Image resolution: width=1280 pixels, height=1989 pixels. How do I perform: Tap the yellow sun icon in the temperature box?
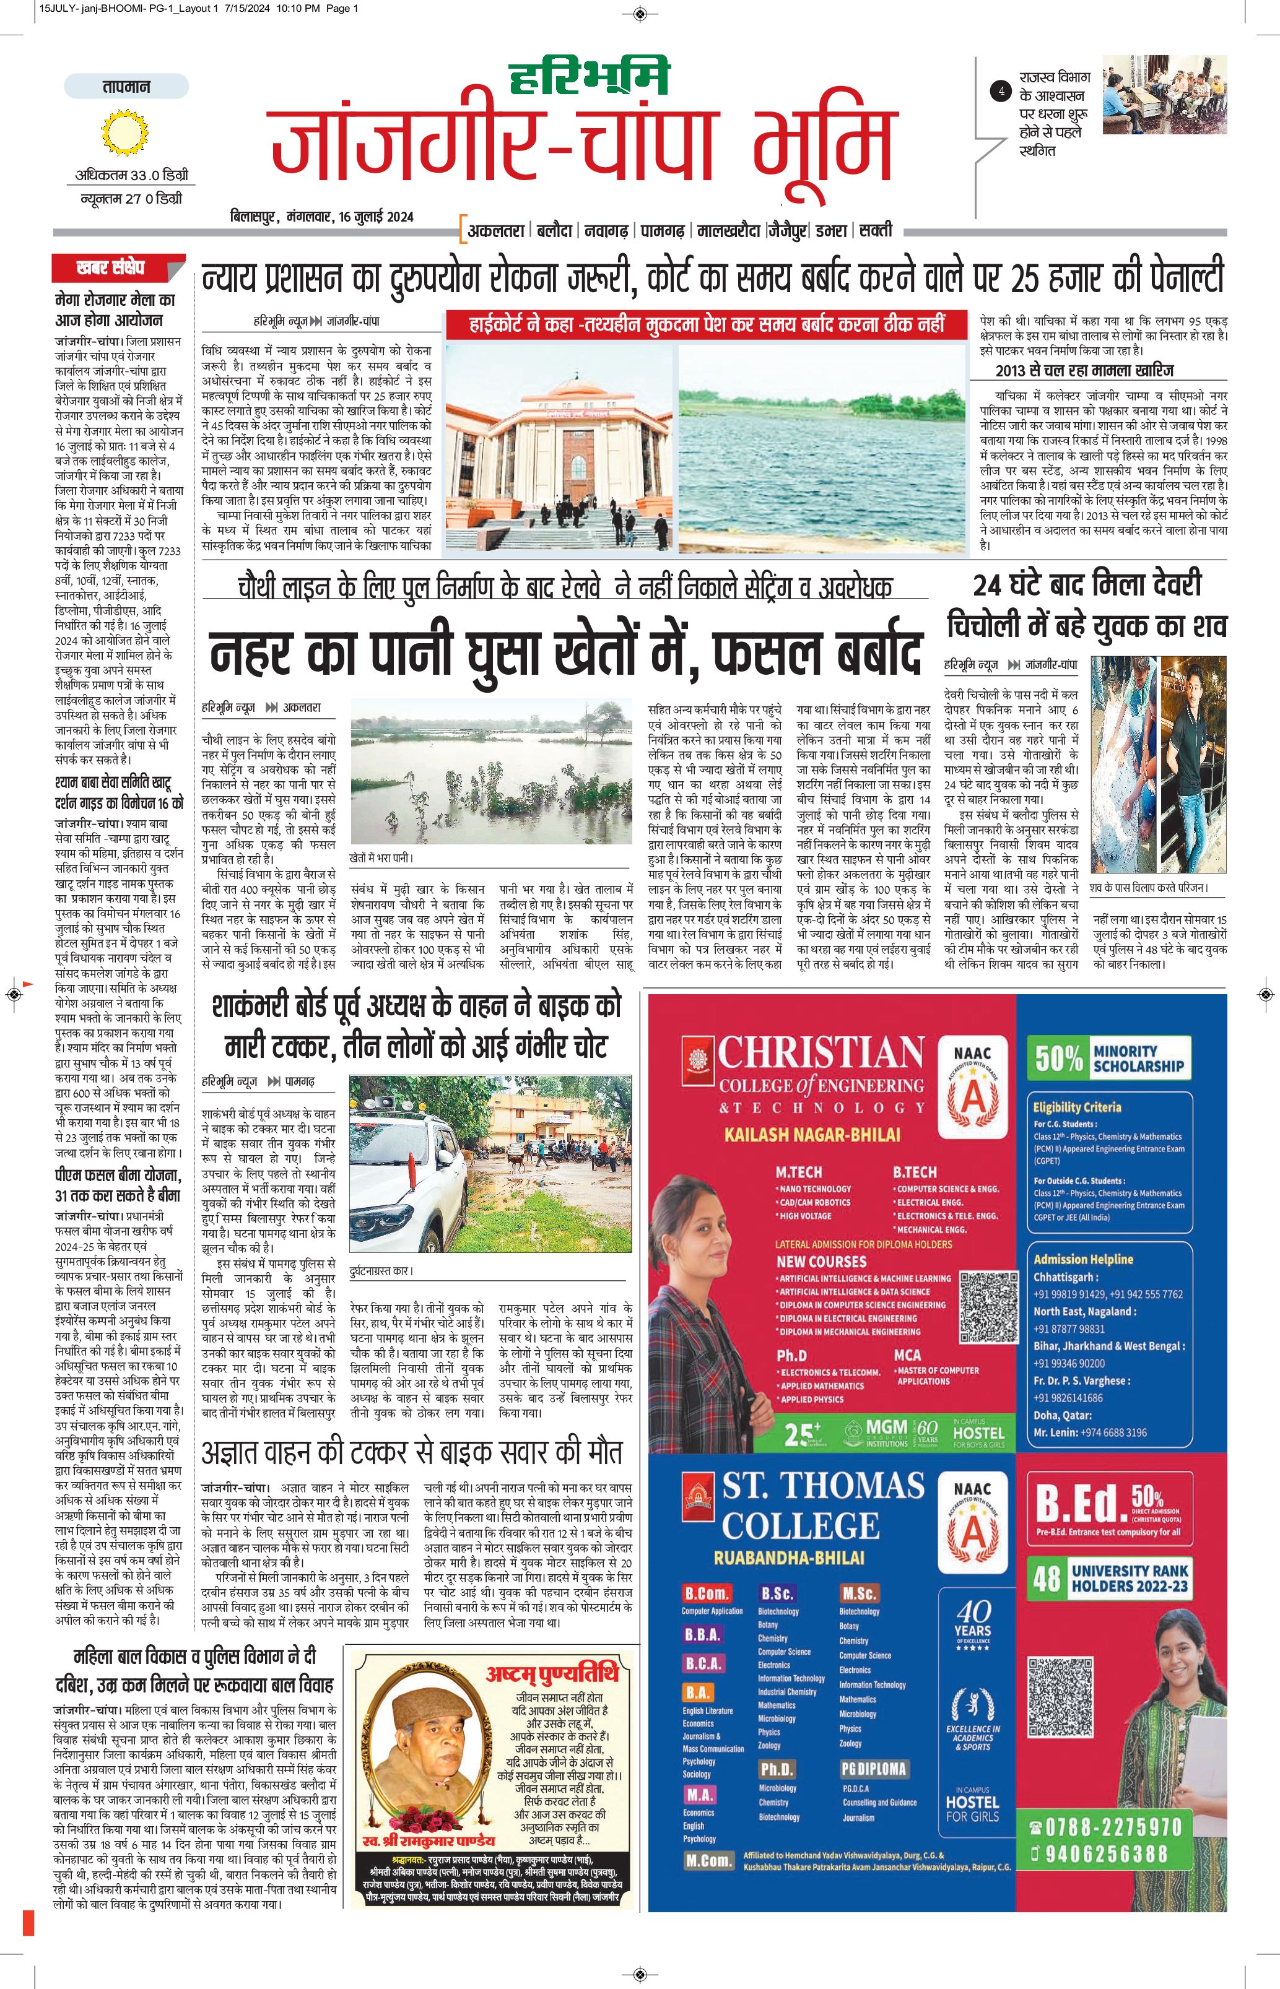point(126,134)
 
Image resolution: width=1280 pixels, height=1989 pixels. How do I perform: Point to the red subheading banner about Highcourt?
point(707,324)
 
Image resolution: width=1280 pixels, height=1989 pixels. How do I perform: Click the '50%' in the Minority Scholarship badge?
point(1059,1059)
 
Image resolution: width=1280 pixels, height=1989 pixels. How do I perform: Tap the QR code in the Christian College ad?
point(988,1306)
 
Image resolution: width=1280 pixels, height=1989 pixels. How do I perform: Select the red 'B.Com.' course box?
point(707,1593)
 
